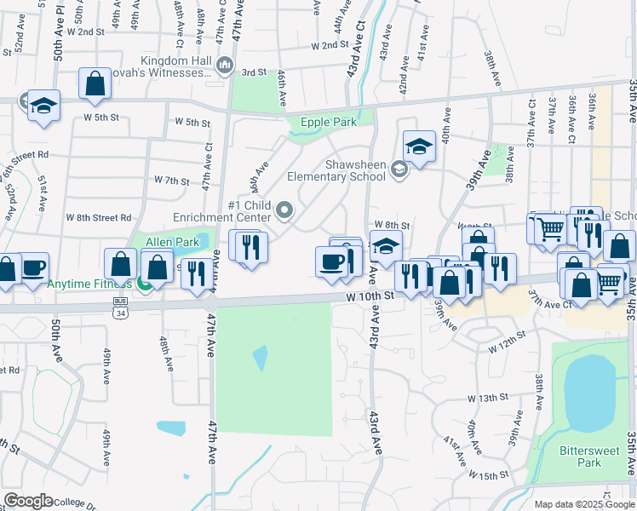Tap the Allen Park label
[x=172, y=243]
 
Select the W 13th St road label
[x=487, y=398]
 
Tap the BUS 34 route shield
[x=120, y=309]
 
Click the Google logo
[x=28, y=501]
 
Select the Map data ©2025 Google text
[x=583, y=504]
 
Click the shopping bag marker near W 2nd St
[x=95, y=84]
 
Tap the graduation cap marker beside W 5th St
[x=43, y=106]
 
